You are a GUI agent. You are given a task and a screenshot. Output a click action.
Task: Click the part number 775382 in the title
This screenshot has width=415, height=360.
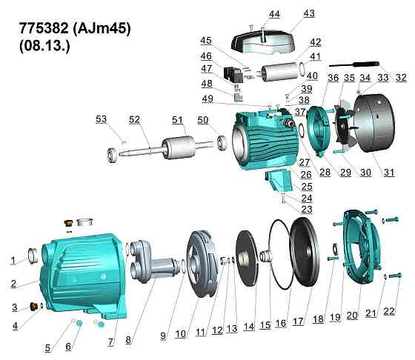pyautogui.click(x=44, y=28)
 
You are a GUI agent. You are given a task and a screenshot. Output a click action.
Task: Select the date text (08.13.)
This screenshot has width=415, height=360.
pyautogui.click(x=45, y=46)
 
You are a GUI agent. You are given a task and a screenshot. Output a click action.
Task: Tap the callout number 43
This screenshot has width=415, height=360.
pyautogui.click(x=309, y=13)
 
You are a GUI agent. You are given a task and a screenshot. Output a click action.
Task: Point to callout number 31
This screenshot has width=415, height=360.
pyautogui.click(x=389, y=172)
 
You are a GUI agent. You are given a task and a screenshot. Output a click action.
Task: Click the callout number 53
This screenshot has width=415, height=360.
pyautogui.click(x=101, y=119)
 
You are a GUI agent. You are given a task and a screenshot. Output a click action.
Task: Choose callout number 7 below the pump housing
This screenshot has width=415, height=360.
pyautogui.click(x=110, y=342)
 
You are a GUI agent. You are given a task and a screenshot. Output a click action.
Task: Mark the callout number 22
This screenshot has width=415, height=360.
pyautogui.click(x=389, y=311)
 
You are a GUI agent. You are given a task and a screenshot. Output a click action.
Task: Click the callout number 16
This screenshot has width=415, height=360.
pyautogui.click(x=281, y=323)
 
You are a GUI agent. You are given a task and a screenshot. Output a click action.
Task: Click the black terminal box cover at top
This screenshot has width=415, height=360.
pyautogui.click(x=263, y=41)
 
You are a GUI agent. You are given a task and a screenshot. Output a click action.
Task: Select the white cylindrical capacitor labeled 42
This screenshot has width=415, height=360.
pyautogui.click(x=279, y=71)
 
